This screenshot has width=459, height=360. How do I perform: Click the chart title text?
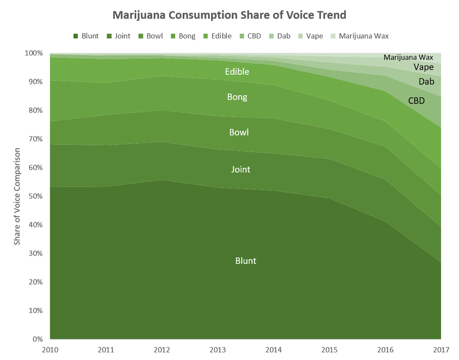(x=229, y=15)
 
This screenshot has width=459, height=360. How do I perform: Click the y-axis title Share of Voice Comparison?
(x=17, y=196)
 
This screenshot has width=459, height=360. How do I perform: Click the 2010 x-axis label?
(x=49, y=349)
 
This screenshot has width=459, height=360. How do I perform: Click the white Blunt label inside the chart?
(x=246, y=261)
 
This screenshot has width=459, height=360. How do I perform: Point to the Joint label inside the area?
(x=241, y=169)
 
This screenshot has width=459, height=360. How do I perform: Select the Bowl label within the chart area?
(x=238, y=132)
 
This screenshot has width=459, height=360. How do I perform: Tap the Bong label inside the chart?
(x=237, y=97)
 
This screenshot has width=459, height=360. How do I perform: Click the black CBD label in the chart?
(x=416, y=101)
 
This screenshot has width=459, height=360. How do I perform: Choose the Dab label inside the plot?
(x=426, y=81)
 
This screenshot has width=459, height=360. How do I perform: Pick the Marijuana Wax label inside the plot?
(x=408, y=57)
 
